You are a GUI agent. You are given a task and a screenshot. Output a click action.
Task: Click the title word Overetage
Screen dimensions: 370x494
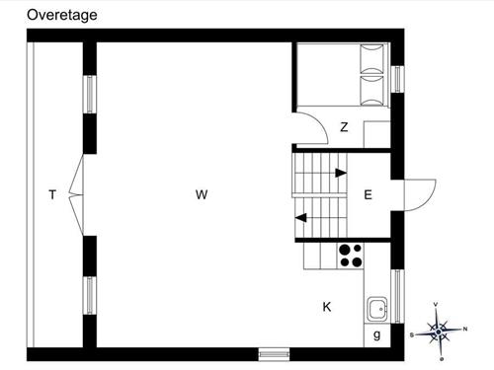[x=62, y=15]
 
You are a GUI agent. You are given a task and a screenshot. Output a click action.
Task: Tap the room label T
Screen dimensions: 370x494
[x=51, y=195]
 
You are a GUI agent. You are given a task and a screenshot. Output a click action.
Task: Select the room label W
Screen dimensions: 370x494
[x=202, y=195]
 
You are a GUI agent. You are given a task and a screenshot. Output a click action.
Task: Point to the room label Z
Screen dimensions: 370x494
[x=344, y=127]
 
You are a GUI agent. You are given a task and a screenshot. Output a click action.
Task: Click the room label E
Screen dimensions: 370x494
[x=368, y=195]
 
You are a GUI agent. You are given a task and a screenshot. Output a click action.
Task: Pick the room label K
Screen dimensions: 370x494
[x=326, y=307]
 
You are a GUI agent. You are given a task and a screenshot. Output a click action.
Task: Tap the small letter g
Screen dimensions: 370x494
[x=377, y=335]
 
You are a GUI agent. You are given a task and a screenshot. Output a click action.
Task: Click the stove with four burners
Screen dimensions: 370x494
[x=350, y=256]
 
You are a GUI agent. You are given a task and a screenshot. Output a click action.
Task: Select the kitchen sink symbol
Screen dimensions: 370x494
[x=376, y=310]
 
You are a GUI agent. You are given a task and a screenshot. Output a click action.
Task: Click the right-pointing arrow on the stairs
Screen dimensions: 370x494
[x=340, y=173]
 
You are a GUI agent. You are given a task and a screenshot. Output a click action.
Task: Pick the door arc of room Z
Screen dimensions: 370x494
[x=313, y=129]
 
